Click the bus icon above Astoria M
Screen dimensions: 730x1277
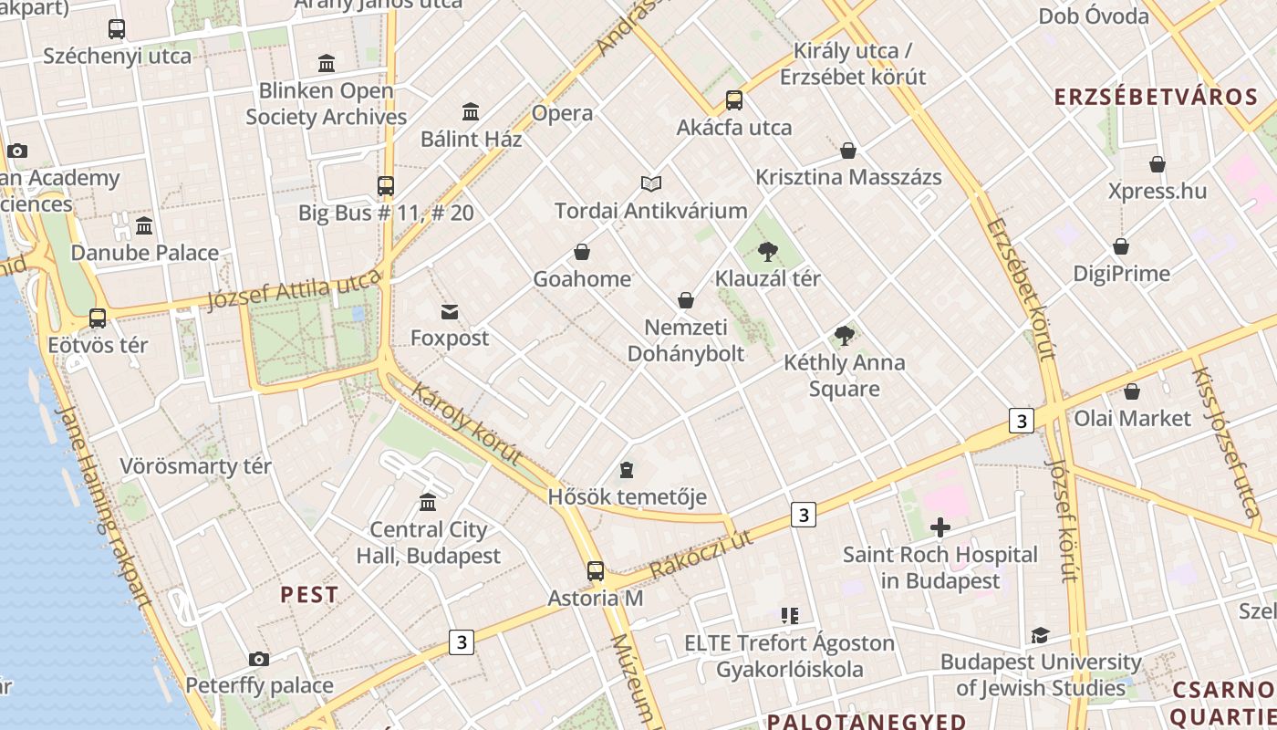pos(596,571)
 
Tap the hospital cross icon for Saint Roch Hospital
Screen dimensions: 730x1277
pos(940,527)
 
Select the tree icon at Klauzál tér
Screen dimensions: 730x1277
pos(768,251)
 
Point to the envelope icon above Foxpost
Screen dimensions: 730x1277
pos(450,312)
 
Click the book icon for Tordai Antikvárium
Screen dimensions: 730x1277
pos(650,183)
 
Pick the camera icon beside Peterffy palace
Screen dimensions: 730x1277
pos(259,659)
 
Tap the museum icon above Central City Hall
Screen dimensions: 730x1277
pos(428,502)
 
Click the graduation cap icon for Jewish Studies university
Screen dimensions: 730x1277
pos(1040,635)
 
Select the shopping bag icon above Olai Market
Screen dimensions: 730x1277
pos(1132,391)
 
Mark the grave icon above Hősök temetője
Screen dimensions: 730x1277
pos(627,470)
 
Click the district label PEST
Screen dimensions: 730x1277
pos(309,595)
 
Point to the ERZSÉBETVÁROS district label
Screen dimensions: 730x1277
pos(1156,97)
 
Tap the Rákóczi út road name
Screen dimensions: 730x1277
pos(701,553)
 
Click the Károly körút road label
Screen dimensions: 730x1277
pos(466,423)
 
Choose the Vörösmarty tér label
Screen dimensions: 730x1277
pos(195,466)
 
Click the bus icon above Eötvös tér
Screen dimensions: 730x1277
pos(98,318)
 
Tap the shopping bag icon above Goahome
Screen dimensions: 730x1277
pos(582,252)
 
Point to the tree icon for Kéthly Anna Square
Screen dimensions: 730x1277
pos(845,335)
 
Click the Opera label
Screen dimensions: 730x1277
pos(562,113)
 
